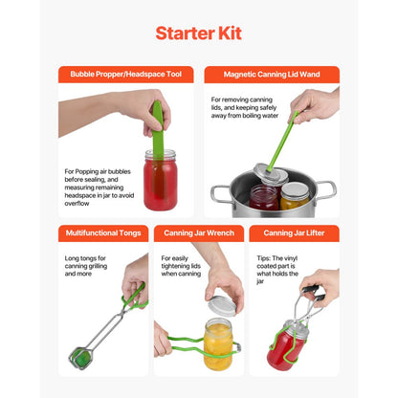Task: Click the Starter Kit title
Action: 198,33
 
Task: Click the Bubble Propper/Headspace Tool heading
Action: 125,75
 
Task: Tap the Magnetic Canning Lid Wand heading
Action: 271,75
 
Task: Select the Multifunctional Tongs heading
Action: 103,233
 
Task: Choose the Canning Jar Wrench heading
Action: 198,233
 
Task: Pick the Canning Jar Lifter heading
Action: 294,233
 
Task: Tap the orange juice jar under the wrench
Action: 219,345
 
